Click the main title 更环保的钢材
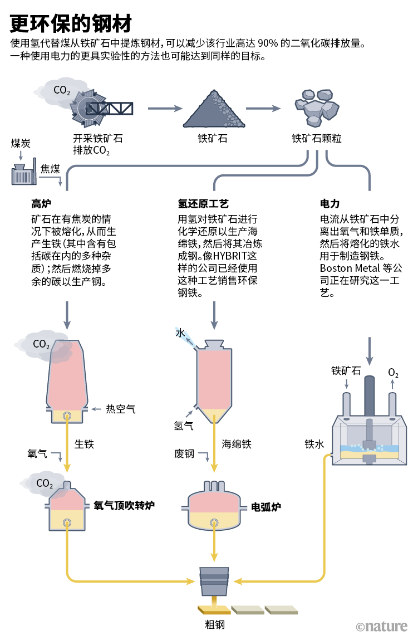tap(71, 23)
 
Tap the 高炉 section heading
tap(41, 203)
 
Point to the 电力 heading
tap(330, 203)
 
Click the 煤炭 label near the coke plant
tap(21, 143)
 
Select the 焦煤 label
tap(50, 168)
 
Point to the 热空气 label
tap(120, 409)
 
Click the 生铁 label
tap(84, 444)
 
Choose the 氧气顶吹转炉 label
tap(124, 505)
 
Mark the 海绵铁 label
tap(237, 444)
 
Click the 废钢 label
tap(184, 454)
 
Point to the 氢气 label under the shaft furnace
tap(184, 426)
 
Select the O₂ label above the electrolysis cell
tap(393, 372)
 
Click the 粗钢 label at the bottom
tap(214, 624)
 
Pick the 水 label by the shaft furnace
tap(180, 333)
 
